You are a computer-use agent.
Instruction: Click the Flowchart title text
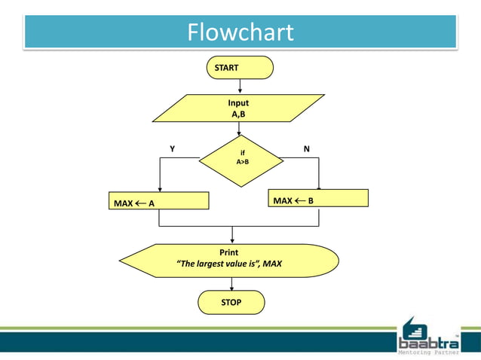pyautogui.click(x=240, y=32)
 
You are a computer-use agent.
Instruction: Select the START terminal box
pyautogui.click(x=239, y=68)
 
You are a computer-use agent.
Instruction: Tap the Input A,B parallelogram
pyautogui.click(x=238, y=108)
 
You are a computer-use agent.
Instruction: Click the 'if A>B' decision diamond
pyautogui.click(x=241, y=160)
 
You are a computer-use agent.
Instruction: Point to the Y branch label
pyautogui.click(x=172, y=149)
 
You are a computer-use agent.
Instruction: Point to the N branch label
pyautogui.click(x=306, y=149)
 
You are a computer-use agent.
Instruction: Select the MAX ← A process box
pyautogui.click(x=158, y=202)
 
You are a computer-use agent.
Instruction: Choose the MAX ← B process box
pyautogui.click(x=319, y=198)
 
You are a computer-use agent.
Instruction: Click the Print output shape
pyautogui.click(x=228, y=260)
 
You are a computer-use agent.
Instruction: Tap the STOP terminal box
pyautogui.click(x=231, y=302)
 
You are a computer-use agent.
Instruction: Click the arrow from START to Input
pyautogui.click(x=239, y=86)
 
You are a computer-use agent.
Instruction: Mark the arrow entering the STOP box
pyautogui.click(x=231, y=284)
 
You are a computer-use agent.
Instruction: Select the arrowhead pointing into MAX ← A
pyautogui.click(x=159, y=189)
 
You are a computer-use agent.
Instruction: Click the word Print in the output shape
pyautogui.click(x=228, y=252)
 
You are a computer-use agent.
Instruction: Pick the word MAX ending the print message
pyautogui.click(x=272, y=264)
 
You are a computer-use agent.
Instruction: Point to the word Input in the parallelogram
pyautogui.click(x=238, y=102)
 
